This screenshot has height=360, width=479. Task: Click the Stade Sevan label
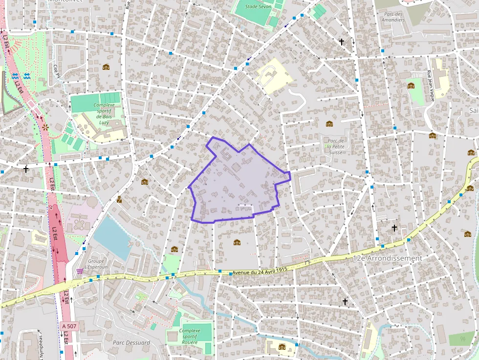[258, 7]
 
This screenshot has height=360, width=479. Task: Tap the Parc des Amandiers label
[393, 17]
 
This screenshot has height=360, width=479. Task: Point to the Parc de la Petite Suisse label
[336, 146]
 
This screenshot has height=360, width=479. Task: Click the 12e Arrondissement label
[387, 258]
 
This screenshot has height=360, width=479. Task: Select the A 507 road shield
[69, 326]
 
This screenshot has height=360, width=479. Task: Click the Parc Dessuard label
[131, 342]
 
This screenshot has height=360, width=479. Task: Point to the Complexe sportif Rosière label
[189, 336]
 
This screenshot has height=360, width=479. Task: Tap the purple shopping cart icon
[79, 271]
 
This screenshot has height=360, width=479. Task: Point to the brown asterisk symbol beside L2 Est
[45, 127]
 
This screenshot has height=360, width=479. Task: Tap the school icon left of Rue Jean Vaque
[411, 86]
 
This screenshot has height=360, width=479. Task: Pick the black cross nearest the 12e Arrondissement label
[394, 228]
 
